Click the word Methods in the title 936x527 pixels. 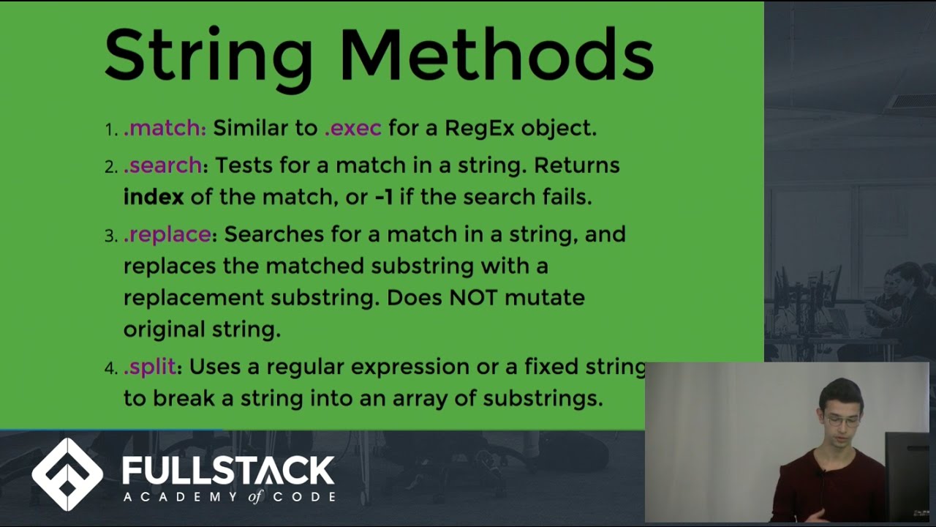point(497,55)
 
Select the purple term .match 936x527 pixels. point(165,128)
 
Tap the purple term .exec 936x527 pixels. point(352,128)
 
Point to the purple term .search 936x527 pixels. point(162,165)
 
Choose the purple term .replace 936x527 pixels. point(167,234)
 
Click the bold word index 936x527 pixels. point(154,197)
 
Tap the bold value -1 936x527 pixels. point(384,197)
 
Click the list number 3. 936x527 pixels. point(110,236)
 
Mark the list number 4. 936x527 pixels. point(110,368)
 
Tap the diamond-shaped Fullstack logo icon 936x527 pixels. point(67,474)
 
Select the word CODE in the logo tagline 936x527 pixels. point(306,497)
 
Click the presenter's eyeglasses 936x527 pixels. point(842,421)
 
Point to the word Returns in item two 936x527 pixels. point(577,165)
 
